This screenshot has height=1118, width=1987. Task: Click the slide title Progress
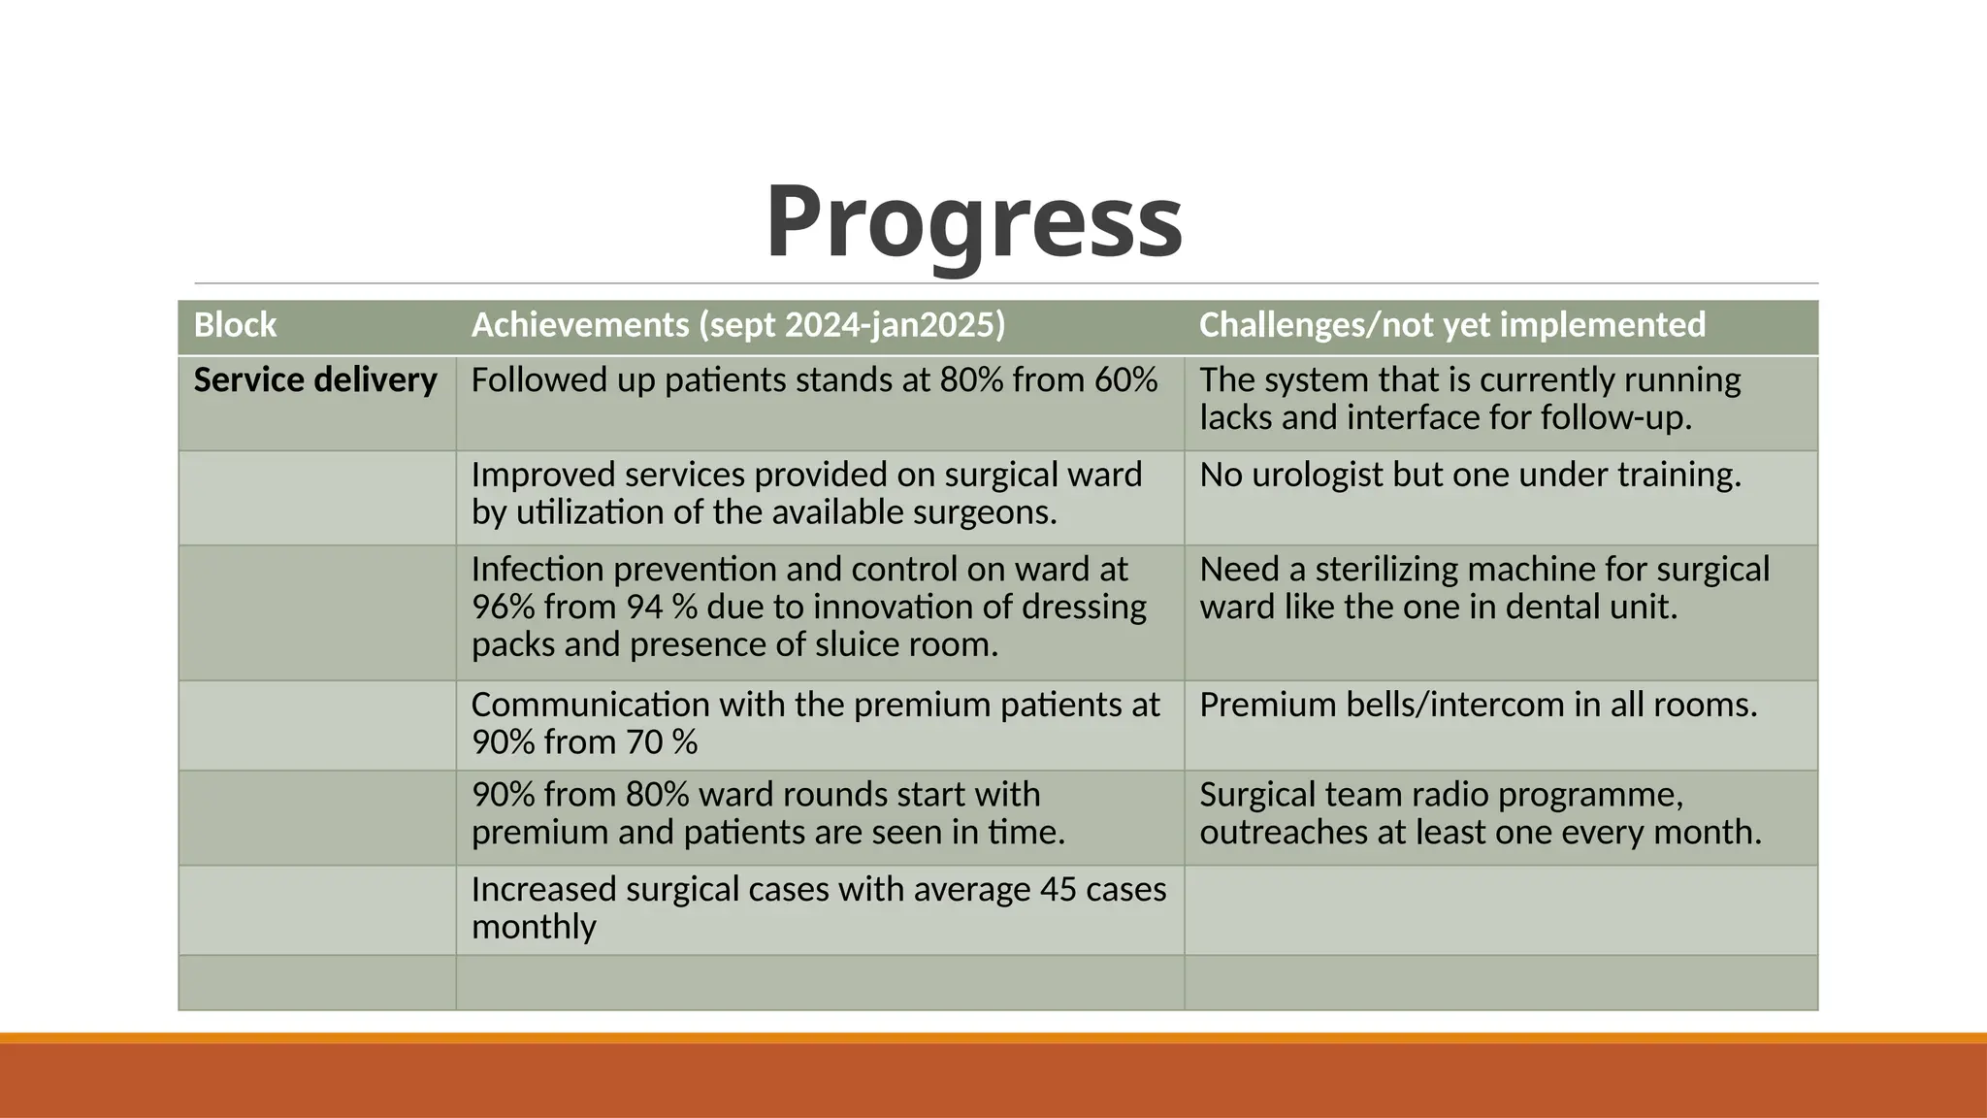tap(973, 222)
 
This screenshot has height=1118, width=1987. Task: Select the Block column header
tap(235, 325)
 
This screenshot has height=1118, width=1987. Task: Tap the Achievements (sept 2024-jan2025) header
tap(737, 325)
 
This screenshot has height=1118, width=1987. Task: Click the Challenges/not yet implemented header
tap(1451, 325)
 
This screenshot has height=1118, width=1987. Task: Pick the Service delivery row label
tap(315, 380)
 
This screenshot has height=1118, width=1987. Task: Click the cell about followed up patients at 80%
tap(814, 380)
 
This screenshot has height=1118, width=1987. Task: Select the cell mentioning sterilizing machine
tap(1483, 588)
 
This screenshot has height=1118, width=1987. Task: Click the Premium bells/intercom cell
tap(1478, 705)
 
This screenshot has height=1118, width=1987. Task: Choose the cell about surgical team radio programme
tap(1480, 813)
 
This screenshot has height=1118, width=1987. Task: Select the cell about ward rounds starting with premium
tap(767, 813)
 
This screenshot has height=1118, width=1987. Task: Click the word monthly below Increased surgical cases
tap(534, 927)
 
